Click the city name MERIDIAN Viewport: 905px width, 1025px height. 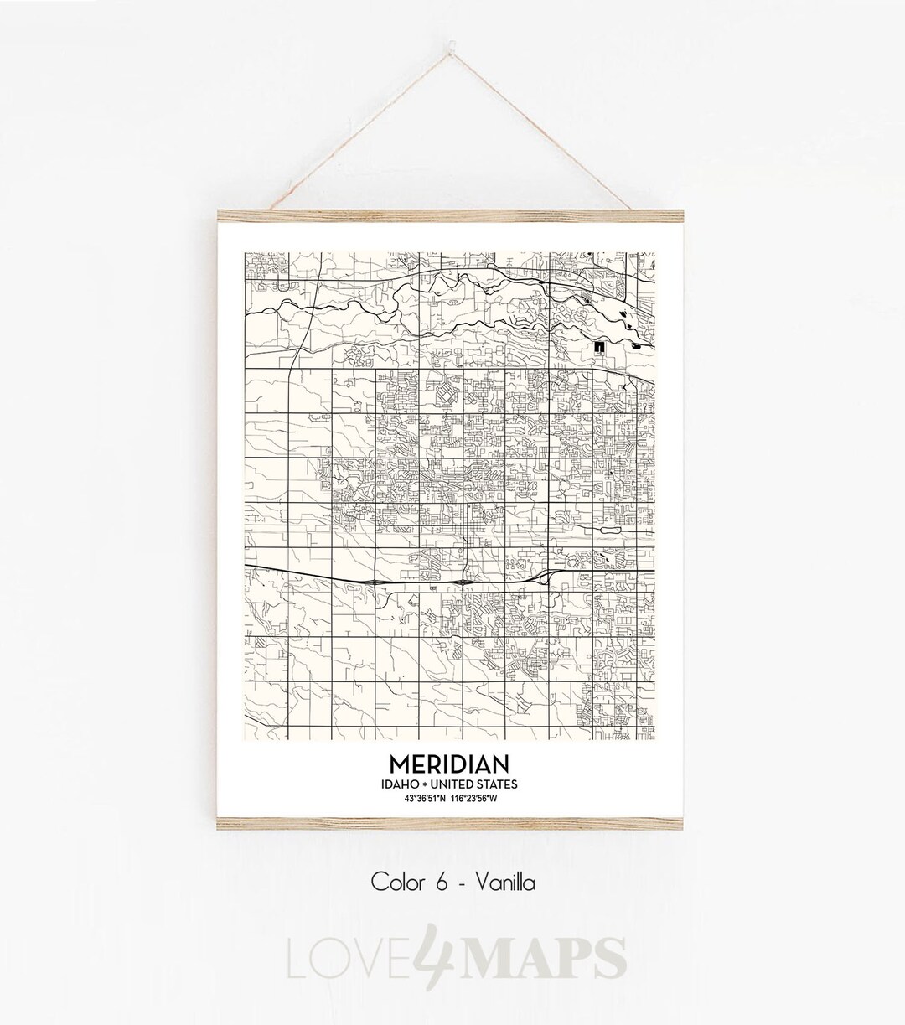(x=448, y=764)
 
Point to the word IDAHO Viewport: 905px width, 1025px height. (x=399, y=784)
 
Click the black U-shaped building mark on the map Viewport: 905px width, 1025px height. (x=600, y=346)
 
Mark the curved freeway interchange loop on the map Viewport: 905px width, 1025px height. (x=543, y=577)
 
